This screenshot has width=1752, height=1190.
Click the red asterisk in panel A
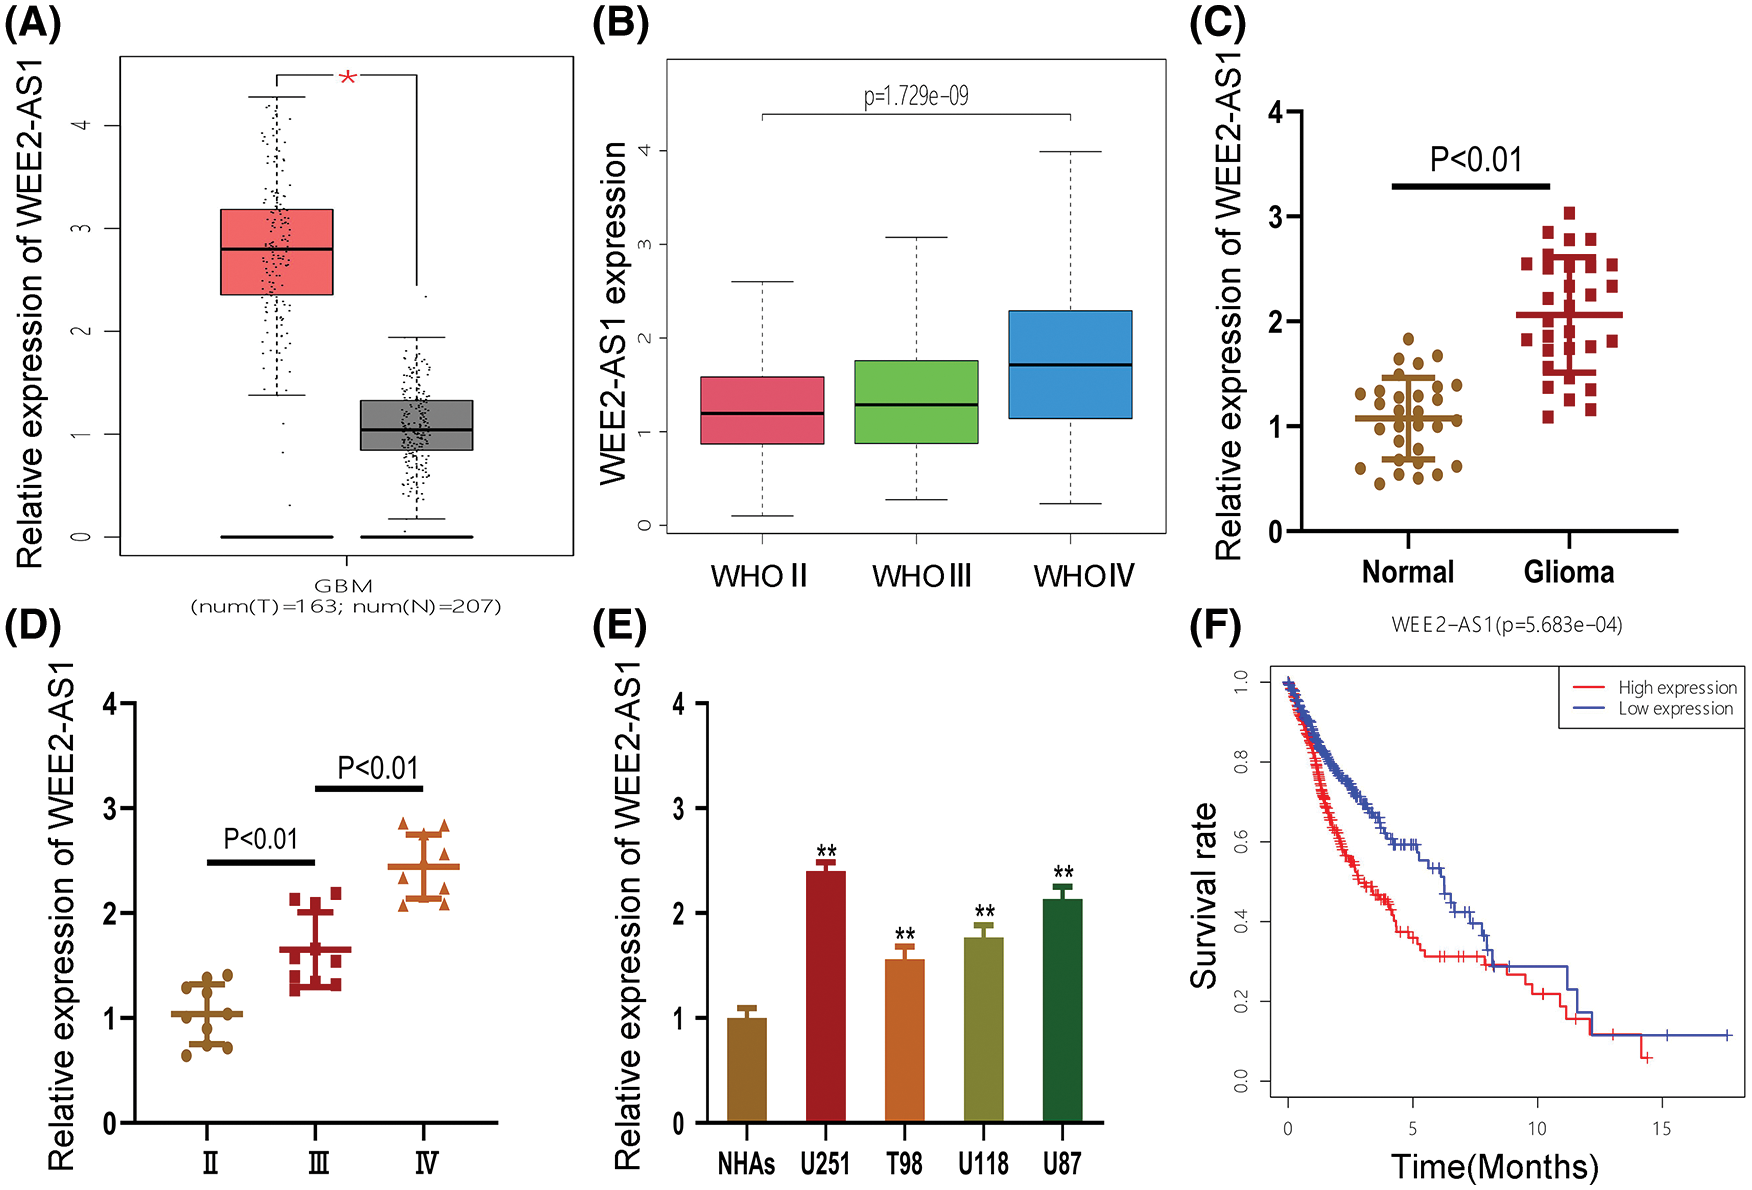point(347,77)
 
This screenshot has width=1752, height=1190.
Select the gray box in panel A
point(416,424)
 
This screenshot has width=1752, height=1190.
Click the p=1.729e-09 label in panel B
point(916,96)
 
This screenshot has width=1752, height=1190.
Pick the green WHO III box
point(916,401)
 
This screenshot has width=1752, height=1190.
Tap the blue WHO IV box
point(1070,364)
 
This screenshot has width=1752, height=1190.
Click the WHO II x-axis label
point(759,576)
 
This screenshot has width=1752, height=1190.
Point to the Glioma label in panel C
point(1568,572)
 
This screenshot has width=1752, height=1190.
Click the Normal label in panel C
point(1408,572)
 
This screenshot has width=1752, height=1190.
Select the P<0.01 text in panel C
point(1476,159)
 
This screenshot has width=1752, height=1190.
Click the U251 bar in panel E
point(825,996)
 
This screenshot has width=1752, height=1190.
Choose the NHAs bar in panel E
point(747,1070)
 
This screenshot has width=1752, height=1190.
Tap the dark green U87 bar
point(1062,1010)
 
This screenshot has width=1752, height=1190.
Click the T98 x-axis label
point(904,1163)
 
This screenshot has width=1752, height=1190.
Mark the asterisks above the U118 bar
point(984,912)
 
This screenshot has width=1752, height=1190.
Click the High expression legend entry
point(1677,687)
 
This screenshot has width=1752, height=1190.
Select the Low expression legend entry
point(1675,708)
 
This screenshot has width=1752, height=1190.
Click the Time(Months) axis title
point(1494,1166)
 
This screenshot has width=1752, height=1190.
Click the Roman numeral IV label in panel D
point(426,1163)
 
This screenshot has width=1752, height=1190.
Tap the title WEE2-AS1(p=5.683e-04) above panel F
point(1506,625)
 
